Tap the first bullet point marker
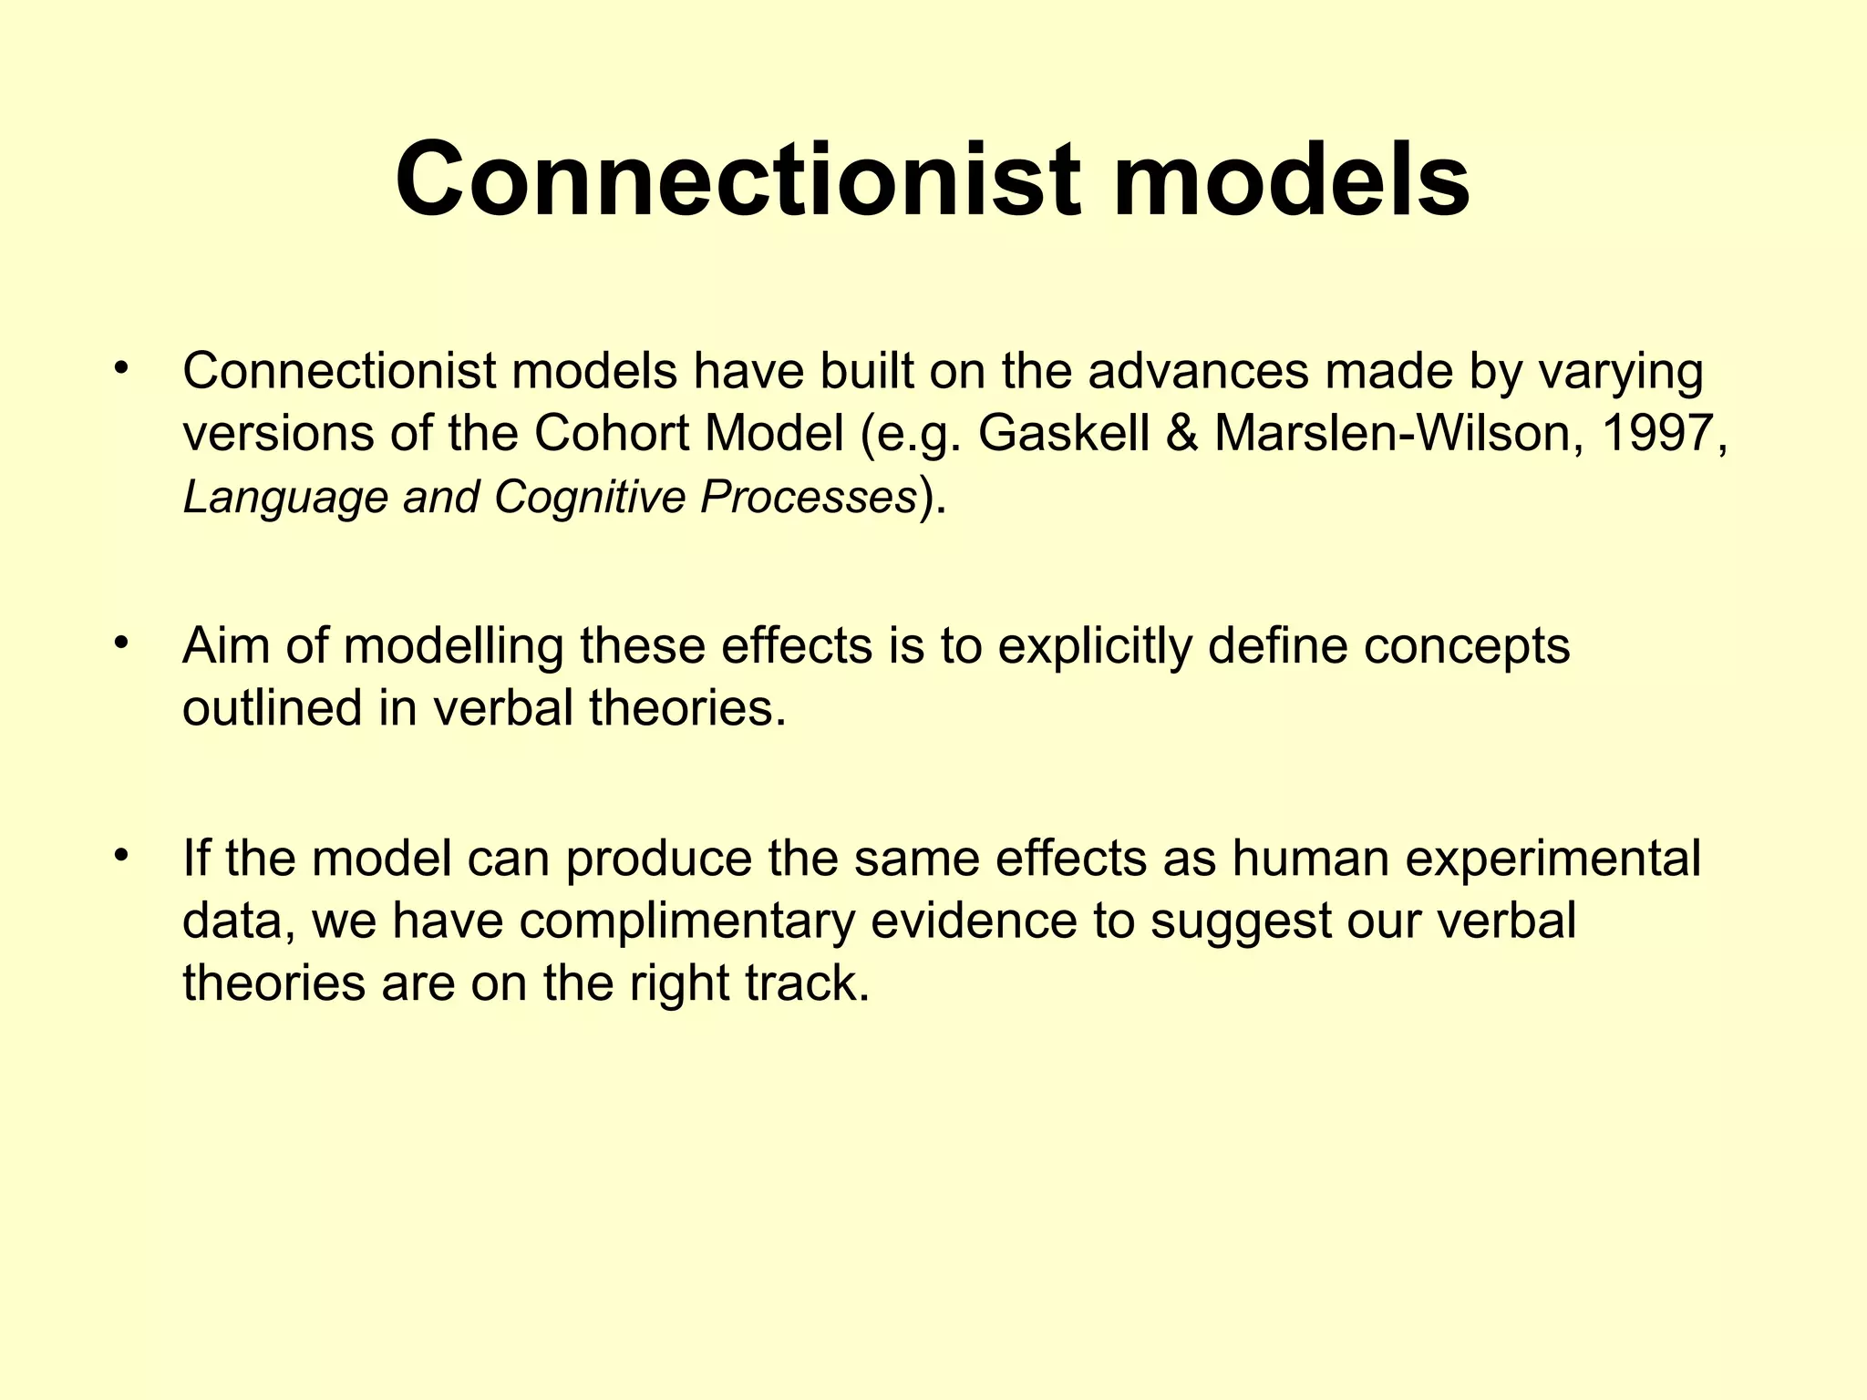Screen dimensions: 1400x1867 click(122, 369)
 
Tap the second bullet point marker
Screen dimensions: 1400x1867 click(122, 644)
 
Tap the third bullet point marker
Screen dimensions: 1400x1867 click(122, 856)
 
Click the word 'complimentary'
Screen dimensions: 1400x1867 click(687, 921)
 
